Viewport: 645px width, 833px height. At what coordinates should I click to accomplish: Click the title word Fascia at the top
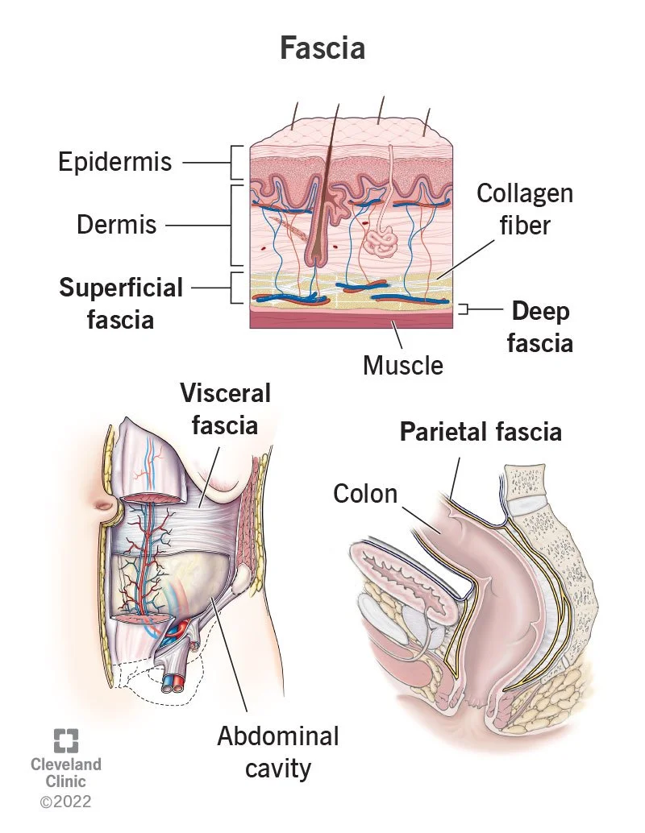coord(322,48)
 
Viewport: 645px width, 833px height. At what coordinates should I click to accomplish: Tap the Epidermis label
coord(115,162)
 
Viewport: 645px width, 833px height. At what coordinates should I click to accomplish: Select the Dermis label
coord(117,224)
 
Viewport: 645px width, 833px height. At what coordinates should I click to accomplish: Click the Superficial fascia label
coord(121,302)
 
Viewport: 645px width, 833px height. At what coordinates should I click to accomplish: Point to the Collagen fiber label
coord(524,209)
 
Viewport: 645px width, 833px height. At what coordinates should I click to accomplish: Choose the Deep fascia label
coord(541,326)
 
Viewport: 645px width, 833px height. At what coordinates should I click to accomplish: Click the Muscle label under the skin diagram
coord(402,365)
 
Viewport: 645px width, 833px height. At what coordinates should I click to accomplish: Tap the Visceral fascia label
coord(225,408)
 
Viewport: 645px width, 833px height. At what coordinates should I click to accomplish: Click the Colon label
coord(365,492)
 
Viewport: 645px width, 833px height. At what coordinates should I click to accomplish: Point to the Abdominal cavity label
coord(277,751)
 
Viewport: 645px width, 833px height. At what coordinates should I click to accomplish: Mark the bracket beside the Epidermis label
coord(237,162)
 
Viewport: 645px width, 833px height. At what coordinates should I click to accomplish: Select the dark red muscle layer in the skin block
coord(351,319)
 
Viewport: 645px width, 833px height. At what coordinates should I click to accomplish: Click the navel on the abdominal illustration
coord(107,507)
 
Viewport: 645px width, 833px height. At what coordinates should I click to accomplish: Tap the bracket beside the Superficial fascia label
coord(237,288)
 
